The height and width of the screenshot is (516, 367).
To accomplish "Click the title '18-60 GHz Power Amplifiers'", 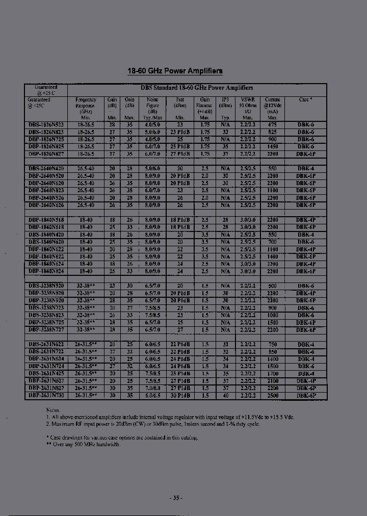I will (x=174, y=71).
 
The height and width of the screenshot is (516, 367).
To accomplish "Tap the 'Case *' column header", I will (x=305, y=100).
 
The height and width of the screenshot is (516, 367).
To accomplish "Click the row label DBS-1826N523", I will (x=46, y=124).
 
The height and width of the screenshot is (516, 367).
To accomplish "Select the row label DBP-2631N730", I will (x=46, y=395).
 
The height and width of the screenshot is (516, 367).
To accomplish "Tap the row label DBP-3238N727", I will (x=46, y=330).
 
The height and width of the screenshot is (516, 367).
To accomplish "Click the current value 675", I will (x=272, y=124).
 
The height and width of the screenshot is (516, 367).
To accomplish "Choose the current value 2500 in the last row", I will (x=272, y=395).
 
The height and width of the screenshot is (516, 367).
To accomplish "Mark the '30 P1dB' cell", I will (x=180, y=395).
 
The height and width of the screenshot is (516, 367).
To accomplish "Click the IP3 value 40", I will (x=225, y=395).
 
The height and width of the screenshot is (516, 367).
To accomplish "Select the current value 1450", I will (x=272, y=146).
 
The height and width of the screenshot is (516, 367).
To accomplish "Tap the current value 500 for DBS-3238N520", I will (x=272, y=286).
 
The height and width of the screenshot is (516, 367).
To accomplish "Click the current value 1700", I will (x=272, y=373).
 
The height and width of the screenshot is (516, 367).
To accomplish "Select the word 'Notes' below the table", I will (x=53, y=409).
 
